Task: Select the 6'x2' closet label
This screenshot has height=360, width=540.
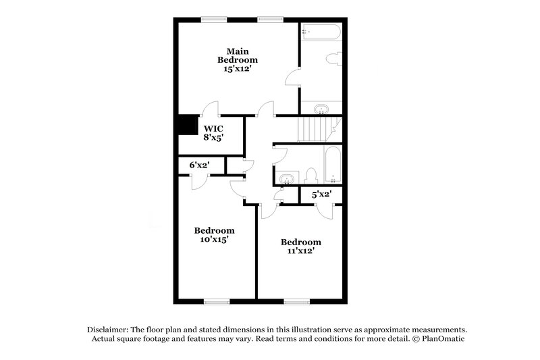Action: click(199, 165)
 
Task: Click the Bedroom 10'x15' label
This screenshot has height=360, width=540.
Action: click(215, 235)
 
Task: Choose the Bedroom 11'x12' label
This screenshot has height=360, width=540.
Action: click(300, 247)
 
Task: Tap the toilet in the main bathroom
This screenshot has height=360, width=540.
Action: click(333, 59)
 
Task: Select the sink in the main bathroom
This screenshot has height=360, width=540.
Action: click(321, 108)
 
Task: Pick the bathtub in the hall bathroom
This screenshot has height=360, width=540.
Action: click(333, 165)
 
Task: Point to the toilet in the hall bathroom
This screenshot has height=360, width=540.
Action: click(311, 176)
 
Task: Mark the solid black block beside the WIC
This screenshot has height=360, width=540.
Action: click(184, 126)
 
